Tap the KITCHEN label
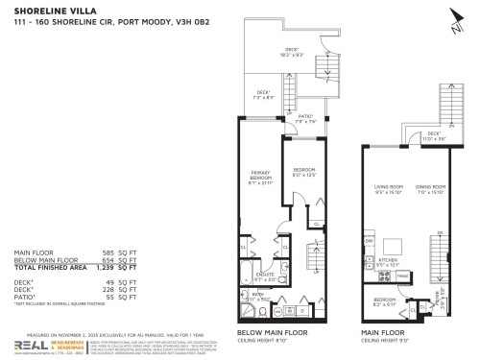point(389,259)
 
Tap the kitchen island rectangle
point(391,241)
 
